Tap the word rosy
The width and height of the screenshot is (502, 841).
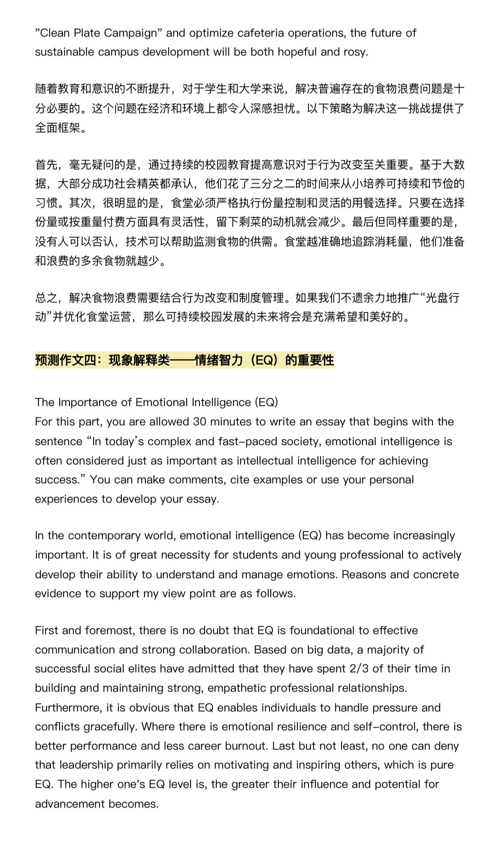pyautogui.click(x=355, y=52)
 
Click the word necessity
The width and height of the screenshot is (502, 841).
pyautogui.click(x=182, y=555)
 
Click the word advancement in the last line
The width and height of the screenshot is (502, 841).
pyautogui.click(x=70, y=804)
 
